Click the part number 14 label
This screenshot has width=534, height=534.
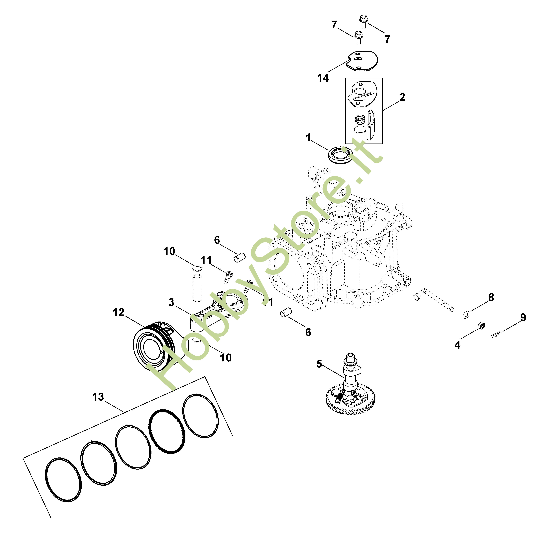coord(323,78)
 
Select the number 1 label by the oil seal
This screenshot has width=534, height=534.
coord(309,138)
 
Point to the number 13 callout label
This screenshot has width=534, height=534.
coord(98,397)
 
